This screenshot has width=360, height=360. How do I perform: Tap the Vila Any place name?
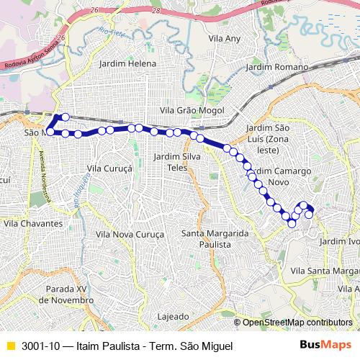(224, 37)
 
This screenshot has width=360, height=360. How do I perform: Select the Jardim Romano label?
(276, 67)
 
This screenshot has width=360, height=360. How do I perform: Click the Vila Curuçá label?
(109, 168)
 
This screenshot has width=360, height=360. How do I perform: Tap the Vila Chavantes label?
(33, 224)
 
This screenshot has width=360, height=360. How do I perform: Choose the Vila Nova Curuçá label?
(130, 235)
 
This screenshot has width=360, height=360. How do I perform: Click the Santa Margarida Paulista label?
(215, 239)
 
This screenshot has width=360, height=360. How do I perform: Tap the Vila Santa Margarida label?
(324, 270)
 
